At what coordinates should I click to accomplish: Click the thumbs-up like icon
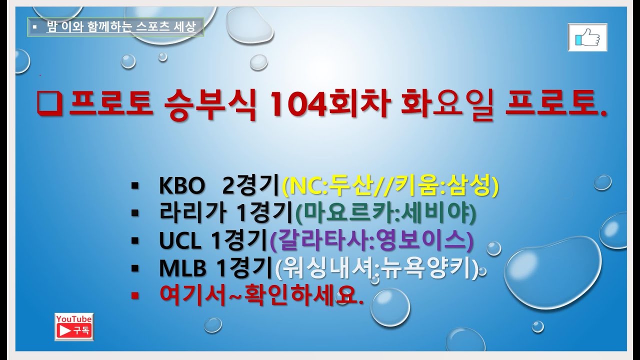tap(587, 37)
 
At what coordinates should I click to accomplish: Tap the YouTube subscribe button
tap(73, 326)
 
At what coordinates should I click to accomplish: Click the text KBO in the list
tap(182, 187)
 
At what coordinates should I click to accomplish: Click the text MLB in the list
tap(183, 269)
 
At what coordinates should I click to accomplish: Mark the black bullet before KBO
tap(134, 187)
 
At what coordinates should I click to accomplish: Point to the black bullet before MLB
tap(134, 269)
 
